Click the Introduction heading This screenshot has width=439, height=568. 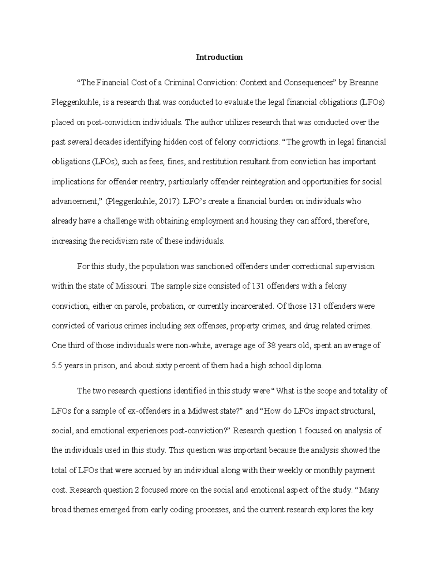click(x=219, y=57)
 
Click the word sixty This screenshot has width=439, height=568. click(x=162, y=365)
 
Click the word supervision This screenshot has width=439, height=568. click(x=355, y=267)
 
